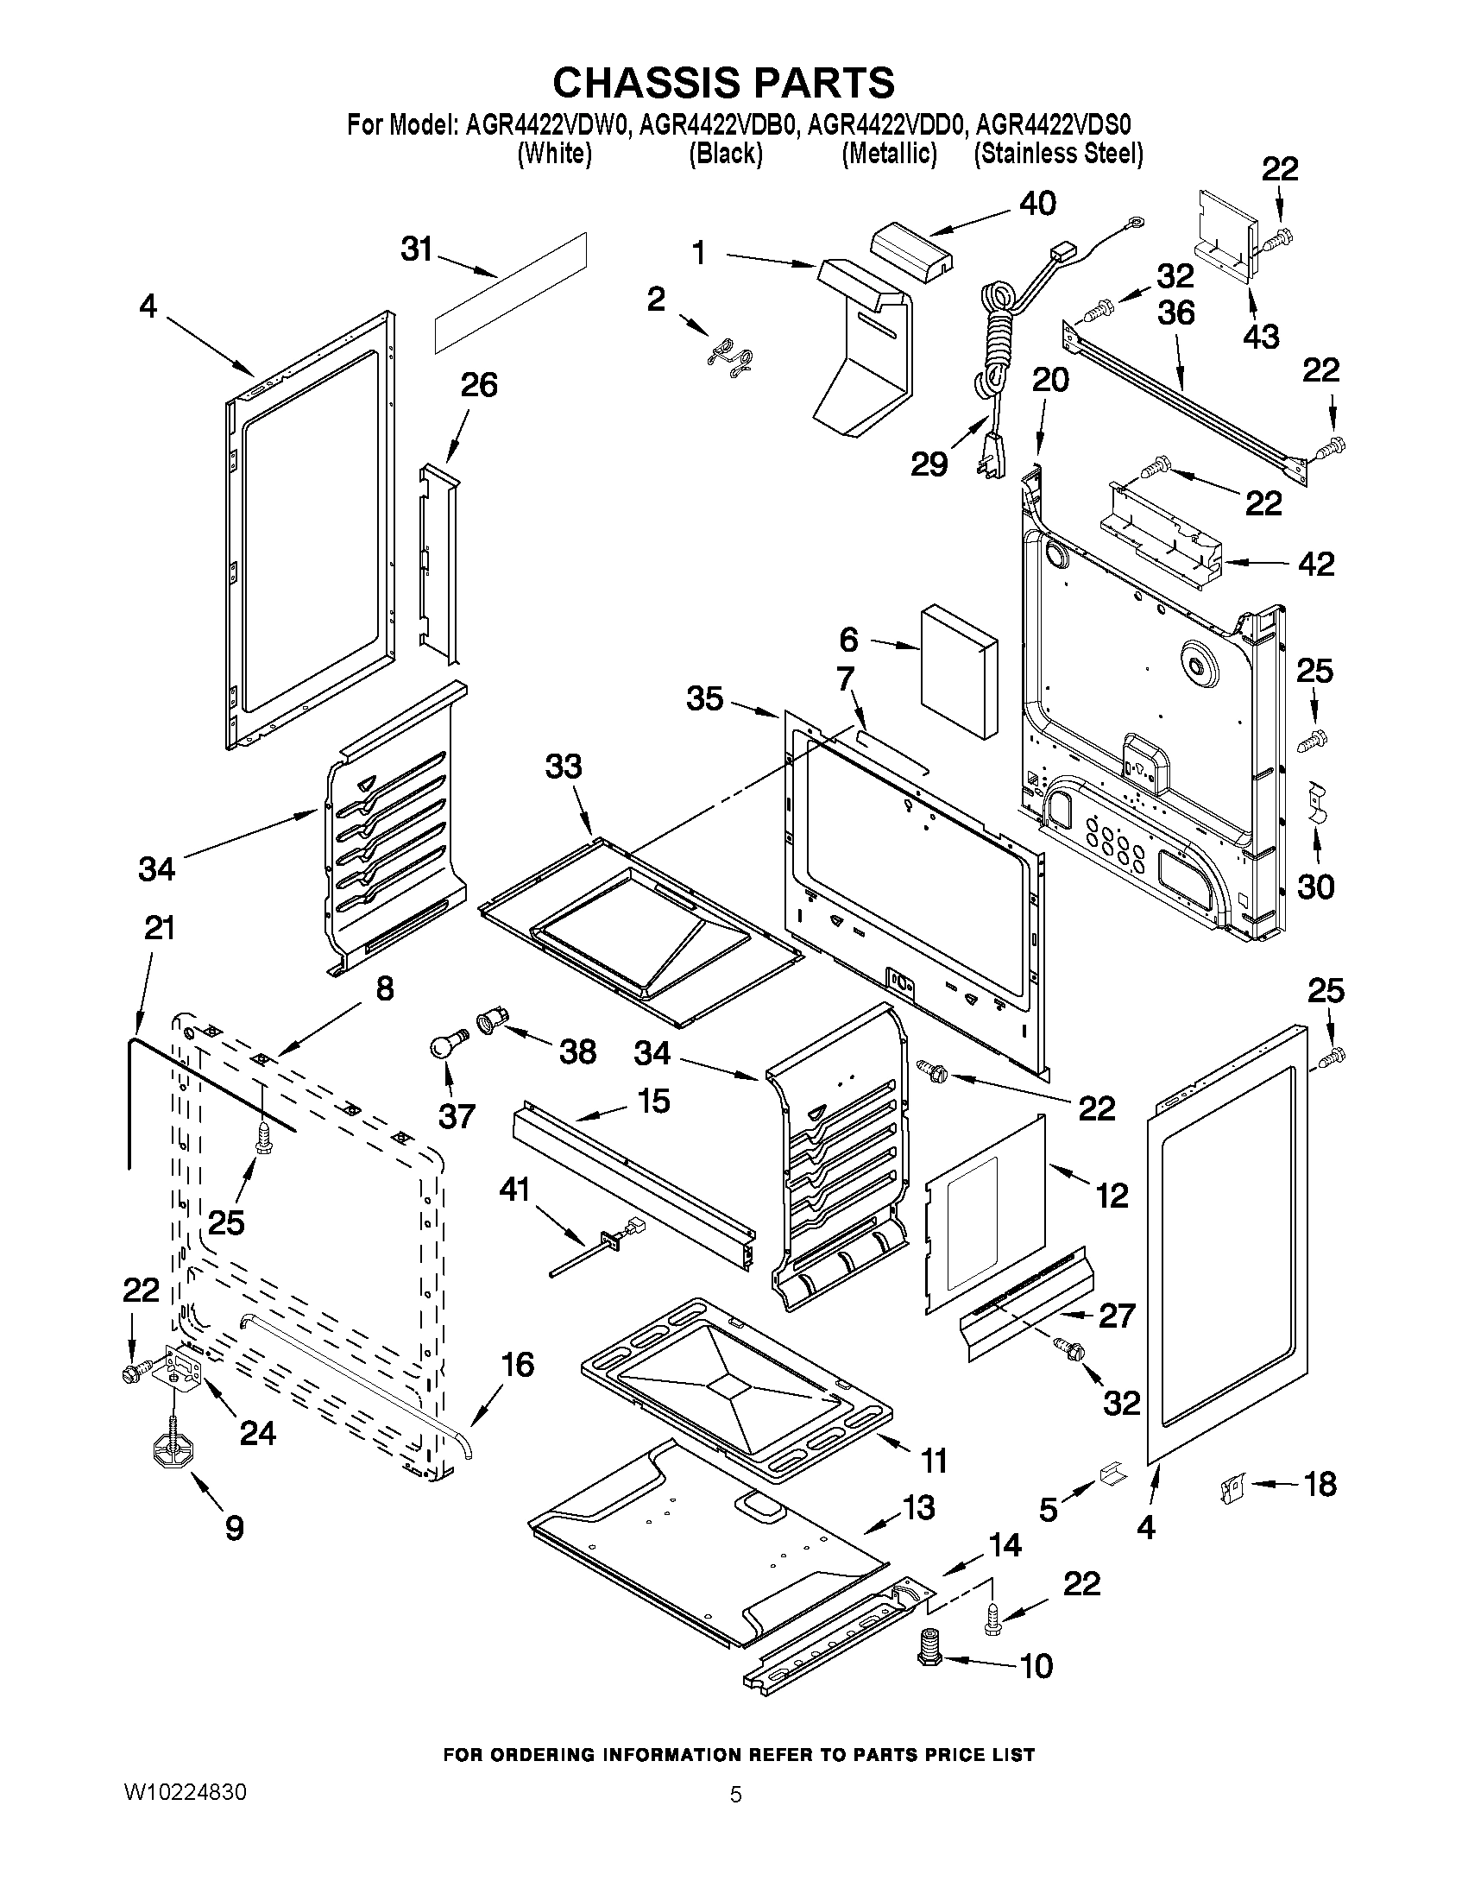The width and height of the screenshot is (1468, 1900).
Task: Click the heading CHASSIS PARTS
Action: click(x=723, y=83)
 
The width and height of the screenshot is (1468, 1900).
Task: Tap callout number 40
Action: click(x=1036, y=204)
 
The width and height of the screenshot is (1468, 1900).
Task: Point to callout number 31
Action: click(x=416, y=249)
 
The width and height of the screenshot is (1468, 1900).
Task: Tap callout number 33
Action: click(x=563, y=767)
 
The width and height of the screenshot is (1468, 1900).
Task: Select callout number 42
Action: click(x=1315, y=564)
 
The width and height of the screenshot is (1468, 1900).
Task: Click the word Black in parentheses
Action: click(x=725, y=154)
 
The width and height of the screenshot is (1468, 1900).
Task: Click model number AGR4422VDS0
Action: click(x=1052, y=126)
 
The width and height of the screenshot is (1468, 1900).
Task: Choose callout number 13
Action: click(x=917, y=1506)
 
